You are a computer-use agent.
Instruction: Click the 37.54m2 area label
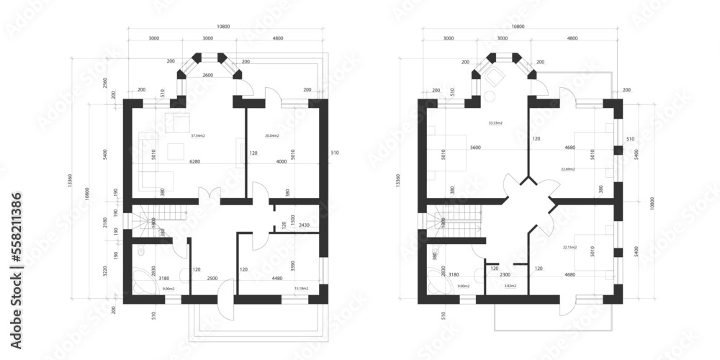tap(198, 135)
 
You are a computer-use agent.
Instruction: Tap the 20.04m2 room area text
tap(271, 135)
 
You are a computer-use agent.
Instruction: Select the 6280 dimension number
tap(196, 162)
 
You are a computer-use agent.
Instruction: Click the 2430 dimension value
tap(304, 225)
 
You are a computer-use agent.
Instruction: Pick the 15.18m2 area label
tap(301, 289)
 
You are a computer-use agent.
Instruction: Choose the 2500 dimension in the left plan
tap(212, 278)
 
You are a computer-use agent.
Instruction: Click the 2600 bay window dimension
tap(208, 76)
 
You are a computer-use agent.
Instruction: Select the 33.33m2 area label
tap(495, 123)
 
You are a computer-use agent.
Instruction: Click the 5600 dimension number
tap(475, 148)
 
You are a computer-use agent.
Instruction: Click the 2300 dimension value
tap(506, 274)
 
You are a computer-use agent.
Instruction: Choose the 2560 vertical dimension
tap(106, 81)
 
